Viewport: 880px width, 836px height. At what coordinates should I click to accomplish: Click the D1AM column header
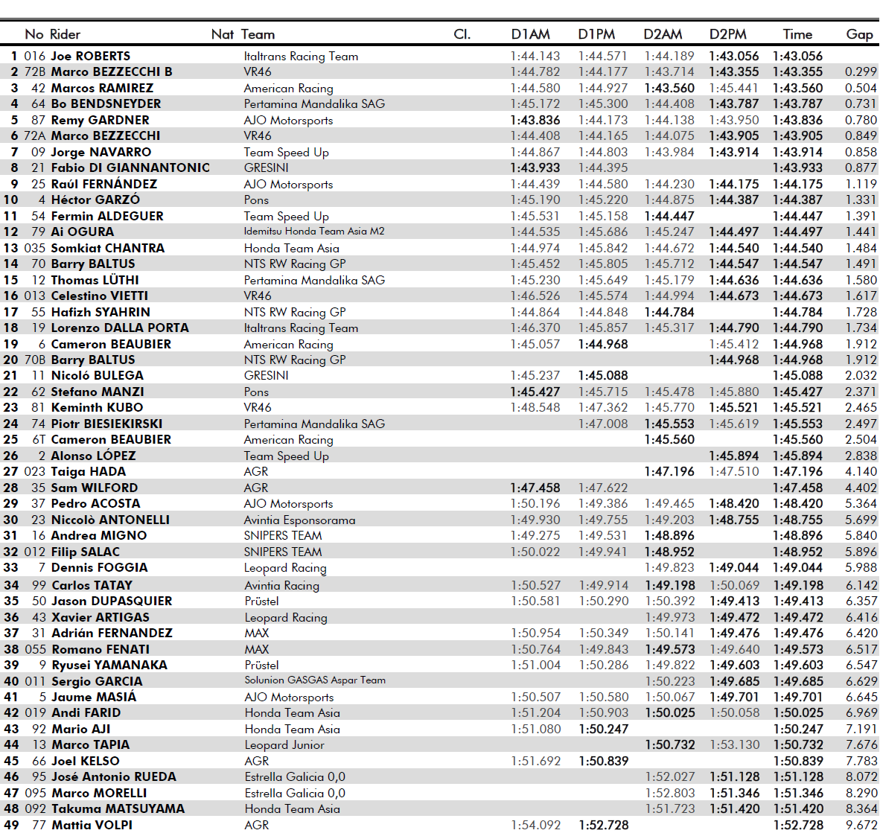[530, 34]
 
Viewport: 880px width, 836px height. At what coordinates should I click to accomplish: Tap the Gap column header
[859, 34]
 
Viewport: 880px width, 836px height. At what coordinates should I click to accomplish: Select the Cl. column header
[462, 34]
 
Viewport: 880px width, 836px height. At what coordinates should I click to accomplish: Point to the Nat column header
[222, 34]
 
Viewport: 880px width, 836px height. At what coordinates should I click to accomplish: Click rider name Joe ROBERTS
[90, 56]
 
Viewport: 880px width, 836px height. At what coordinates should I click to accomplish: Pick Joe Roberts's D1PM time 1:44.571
[602, 56]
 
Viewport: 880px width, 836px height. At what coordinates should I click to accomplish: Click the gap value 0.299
[861, 72]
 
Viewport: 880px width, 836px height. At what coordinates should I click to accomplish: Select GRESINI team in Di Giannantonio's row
[266, 168]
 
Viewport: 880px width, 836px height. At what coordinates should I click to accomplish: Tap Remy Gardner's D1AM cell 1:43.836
[535, 120]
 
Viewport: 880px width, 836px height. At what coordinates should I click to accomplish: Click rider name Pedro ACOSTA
[95, 504]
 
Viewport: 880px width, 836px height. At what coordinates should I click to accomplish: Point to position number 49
[11, 825]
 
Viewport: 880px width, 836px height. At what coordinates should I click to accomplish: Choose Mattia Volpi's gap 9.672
[861, 825]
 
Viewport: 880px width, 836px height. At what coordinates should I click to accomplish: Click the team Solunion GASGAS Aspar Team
[315, 680]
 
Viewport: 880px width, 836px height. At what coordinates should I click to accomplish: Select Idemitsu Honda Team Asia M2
[314, 232]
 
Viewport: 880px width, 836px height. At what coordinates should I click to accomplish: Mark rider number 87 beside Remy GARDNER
[38, 120]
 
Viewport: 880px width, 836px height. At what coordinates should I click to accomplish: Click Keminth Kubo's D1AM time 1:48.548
[535, 408]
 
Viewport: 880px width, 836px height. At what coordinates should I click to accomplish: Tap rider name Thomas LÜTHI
[95, 280]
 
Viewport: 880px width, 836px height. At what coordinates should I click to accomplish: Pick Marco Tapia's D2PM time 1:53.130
[734, 745]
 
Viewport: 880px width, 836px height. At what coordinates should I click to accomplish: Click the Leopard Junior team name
[284, 745]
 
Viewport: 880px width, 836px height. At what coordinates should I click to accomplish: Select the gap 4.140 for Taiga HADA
[861, 472]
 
